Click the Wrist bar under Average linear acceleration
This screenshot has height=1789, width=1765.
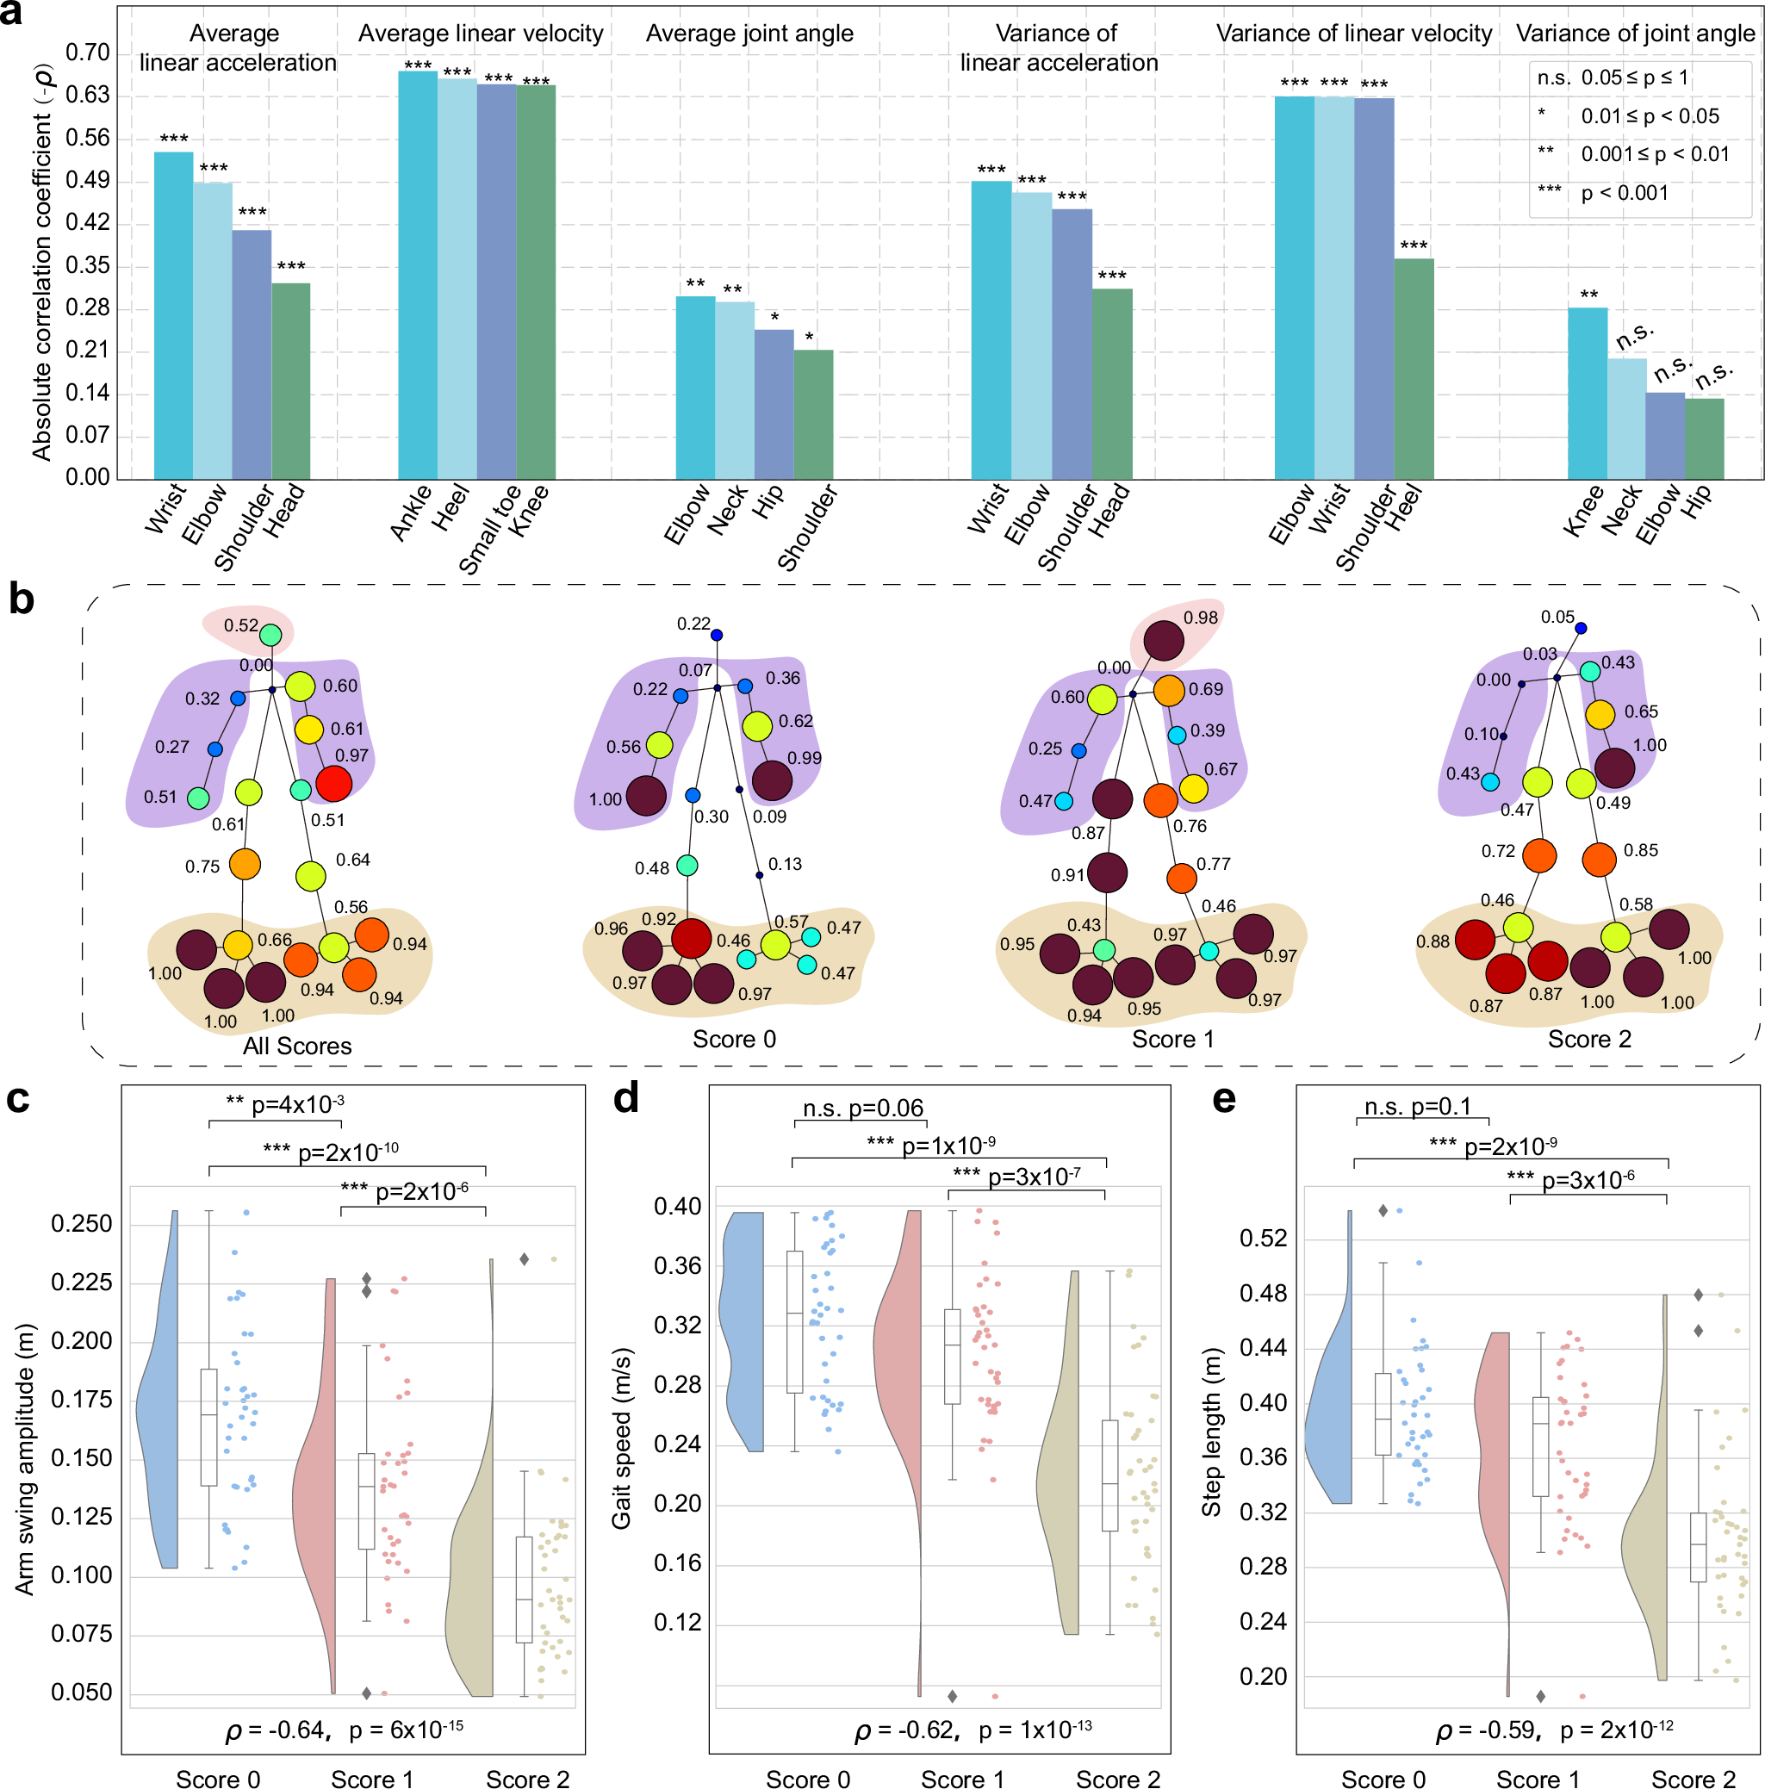point(173,315)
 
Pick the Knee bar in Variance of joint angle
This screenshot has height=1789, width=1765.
point(1587,393)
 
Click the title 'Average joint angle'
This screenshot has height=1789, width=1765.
point(749,34)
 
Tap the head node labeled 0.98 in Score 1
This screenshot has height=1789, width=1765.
point(1163,640)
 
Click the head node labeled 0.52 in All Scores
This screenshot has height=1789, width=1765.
point(270,635)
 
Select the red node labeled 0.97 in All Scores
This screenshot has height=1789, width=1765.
point(333,783)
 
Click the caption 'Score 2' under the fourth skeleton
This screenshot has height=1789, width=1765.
point(1589,1039)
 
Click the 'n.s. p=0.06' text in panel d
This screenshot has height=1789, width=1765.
point(862,1108)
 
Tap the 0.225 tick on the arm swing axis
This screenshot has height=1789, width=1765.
point(82,1283)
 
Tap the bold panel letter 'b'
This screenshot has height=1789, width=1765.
point(21,600)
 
